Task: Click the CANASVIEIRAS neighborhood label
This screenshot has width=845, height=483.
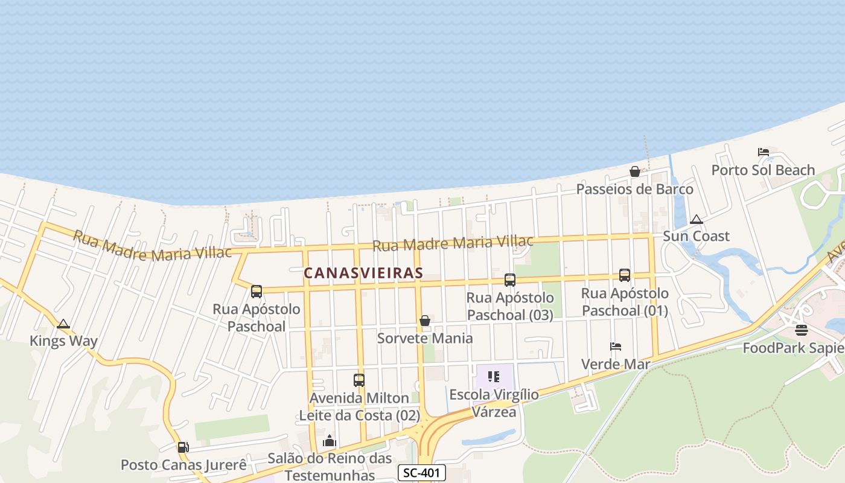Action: pos(363,273)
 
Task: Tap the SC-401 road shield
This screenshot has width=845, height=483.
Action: pos(422,473)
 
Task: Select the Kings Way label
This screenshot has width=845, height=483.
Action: pos(63,341)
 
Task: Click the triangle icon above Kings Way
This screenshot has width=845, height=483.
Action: pos(63,324)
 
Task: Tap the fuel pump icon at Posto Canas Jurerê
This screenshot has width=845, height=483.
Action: pos(183,447)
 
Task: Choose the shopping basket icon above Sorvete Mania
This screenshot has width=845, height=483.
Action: pos(425,321)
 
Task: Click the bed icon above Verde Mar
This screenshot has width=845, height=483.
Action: pos(616,347)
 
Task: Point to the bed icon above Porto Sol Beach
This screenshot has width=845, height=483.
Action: pos(764,152)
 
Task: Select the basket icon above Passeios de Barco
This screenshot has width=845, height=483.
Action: pos(635,171)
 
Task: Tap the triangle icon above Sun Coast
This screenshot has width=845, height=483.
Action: pos(697,219)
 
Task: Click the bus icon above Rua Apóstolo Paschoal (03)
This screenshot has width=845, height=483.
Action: pos(510,280)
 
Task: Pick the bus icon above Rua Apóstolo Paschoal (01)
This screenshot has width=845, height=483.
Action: pos(625,275)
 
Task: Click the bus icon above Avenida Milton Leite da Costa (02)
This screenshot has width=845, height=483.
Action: pos(359,380)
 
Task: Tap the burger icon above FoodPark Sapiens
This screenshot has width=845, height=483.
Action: pos(802,330)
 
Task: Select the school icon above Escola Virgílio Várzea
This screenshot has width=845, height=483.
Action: pos(494,377)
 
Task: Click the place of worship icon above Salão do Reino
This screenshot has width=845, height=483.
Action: pos(329,441)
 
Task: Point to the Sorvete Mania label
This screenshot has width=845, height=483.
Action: pos(425,338)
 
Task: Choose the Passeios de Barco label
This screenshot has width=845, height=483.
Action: pos(635,189)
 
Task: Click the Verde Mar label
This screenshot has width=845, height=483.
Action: pos(616,364)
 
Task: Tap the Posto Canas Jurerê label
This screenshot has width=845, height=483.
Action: pos(183,465)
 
